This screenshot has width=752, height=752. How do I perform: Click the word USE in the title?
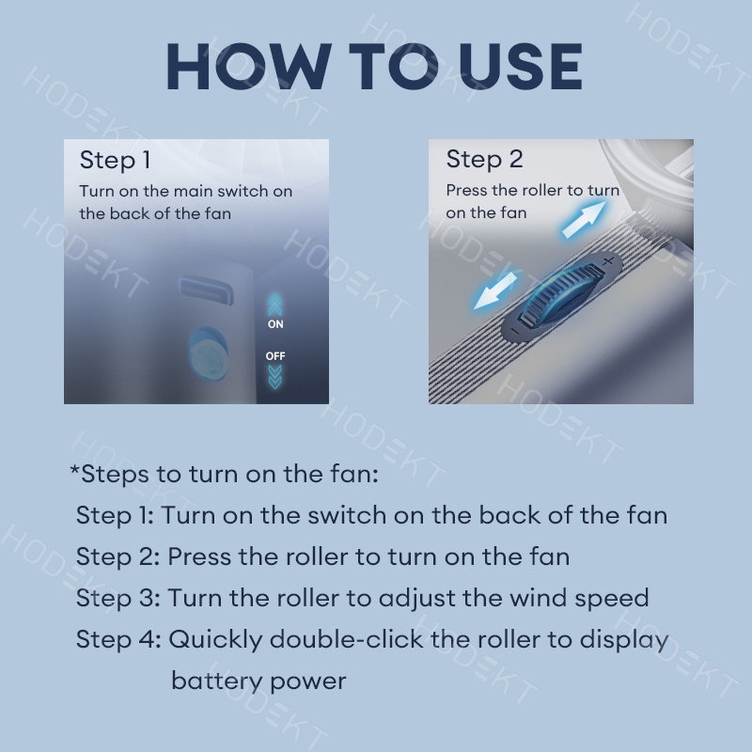[521, 66]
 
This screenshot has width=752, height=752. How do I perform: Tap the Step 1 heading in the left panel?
[115, 160]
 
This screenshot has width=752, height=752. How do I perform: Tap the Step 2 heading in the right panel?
[484, 160]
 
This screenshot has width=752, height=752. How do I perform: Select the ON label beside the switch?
[275, 324]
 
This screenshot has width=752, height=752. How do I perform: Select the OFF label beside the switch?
[275, 356]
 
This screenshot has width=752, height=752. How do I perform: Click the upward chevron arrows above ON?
[275, 304]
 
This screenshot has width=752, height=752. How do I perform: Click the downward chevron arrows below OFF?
[275, 377]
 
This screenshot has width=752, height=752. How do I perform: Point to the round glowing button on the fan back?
[207, 355]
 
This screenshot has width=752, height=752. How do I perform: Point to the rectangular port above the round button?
[206, 290]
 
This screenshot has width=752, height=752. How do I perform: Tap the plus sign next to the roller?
[608, 261]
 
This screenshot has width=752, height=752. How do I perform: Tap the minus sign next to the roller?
[515, 331]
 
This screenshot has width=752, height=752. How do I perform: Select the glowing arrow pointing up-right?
[584, 219]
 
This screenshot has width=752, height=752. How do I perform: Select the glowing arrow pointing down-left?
[495, 290]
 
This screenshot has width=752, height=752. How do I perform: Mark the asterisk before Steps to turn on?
[75, 469]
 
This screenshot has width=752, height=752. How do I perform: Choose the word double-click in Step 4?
[346, 639]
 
